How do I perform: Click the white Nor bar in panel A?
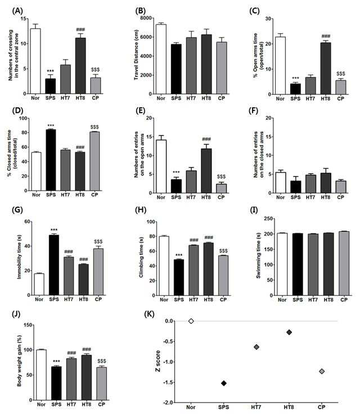tap(35, 61)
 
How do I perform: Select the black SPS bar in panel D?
tap(51, 160)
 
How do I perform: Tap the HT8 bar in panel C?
tap(326, 68)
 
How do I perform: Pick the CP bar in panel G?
tap(98, 272)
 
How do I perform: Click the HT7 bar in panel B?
tap(191, 66)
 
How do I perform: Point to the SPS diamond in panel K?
tap(223, 383)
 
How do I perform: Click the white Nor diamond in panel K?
tap(191, 321)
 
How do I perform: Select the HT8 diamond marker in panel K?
tap(289, 332)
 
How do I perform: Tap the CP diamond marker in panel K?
tap(322, 371)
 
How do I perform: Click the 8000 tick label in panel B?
tap(146, 18)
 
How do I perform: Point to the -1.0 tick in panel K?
tap(166, 362)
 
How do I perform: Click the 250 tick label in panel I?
tap(268, 219)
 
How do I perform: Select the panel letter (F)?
tap(253, 111)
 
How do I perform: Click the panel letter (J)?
tap(16, 314)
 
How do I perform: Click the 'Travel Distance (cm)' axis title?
tap(136, 55)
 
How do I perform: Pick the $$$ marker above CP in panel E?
tap(221, 177)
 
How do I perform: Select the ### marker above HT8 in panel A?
tap(80, 29)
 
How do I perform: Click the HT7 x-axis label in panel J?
tap(71, 404)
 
